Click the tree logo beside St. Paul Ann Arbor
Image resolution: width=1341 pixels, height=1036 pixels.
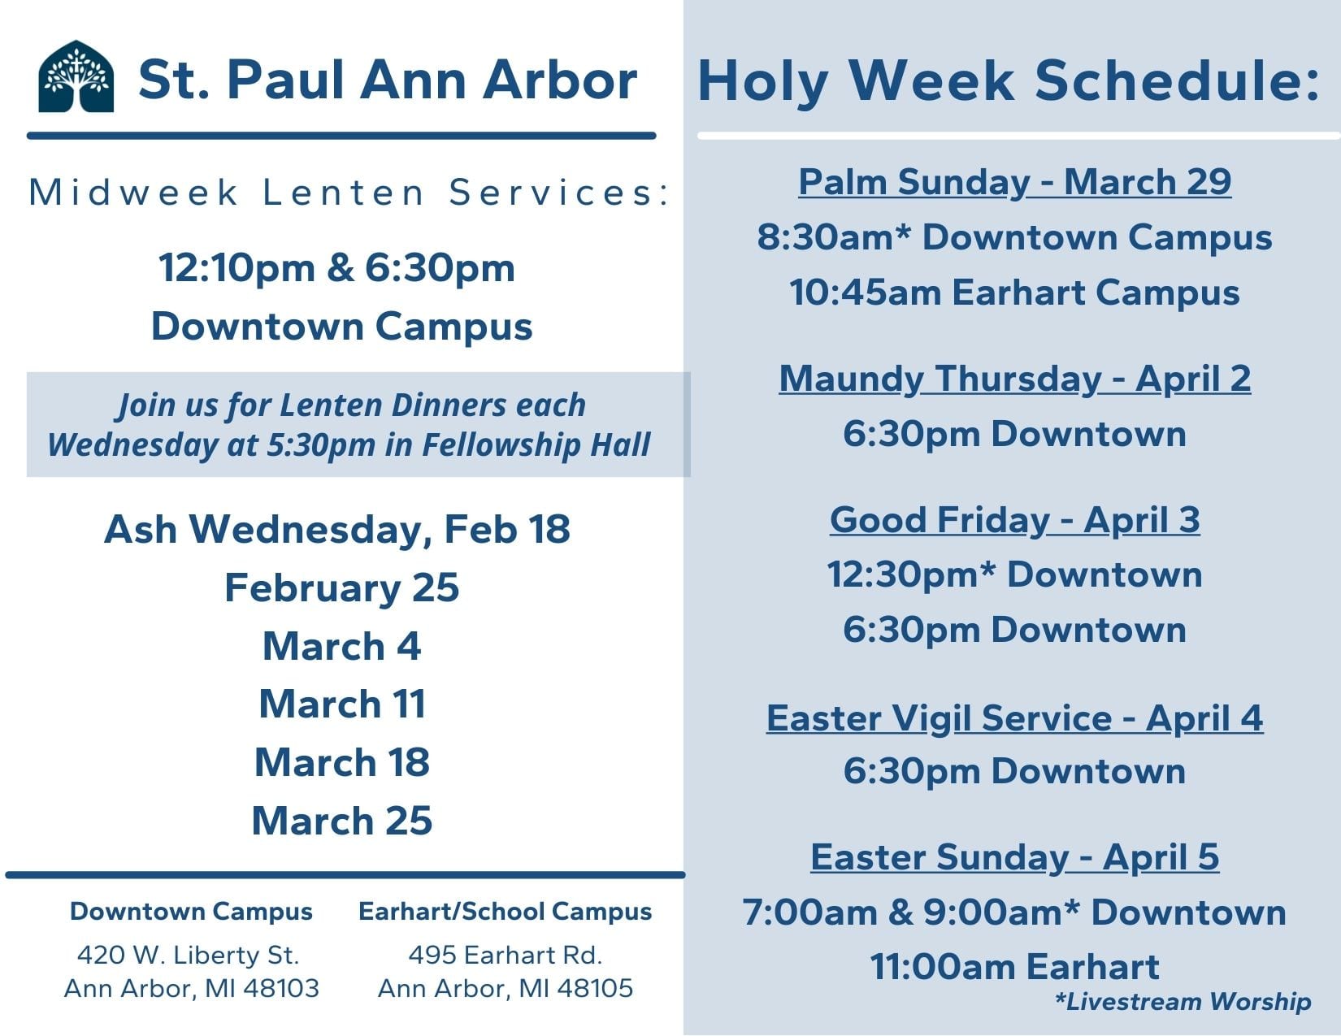[x=76, y=76]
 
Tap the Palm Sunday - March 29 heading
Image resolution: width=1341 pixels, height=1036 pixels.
[x=1014, y=183]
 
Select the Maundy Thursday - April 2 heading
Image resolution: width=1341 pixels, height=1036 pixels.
[x=1014, y=379]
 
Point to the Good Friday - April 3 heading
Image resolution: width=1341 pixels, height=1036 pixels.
[x=1014, y=520]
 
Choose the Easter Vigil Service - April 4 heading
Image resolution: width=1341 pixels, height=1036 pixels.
[x=1014, y=718]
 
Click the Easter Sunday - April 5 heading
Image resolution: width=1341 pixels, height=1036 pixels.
[x=1014, y=858]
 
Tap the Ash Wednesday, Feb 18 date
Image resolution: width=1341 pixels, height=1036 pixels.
[x=337, y=530]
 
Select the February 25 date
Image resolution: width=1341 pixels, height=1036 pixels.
[x=342, y=588]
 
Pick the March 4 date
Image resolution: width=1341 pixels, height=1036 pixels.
[x=342, y=646]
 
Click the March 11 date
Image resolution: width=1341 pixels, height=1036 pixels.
[x=342, y=704]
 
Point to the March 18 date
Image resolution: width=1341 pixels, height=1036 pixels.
[x=342, y=763]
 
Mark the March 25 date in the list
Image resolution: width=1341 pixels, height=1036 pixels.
[x=342, y=821]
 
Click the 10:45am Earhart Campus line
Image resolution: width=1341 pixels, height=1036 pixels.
[x=1014, y=293]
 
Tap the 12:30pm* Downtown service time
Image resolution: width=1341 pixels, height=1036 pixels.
[x=1014, y=575]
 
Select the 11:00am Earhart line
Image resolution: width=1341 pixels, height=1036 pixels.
[x=1014, y=966]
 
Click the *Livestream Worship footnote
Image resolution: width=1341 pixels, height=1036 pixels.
[x=1183, y=1001]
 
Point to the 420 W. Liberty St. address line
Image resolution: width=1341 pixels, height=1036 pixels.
[x=189, y=956]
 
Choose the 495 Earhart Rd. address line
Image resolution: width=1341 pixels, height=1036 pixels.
[x=506, y=956]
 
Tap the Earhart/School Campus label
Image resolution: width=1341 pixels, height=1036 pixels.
[x=506, y=912]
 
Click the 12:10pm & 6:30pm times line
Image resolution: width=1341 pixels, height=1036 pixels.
[x=337, y=268]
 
